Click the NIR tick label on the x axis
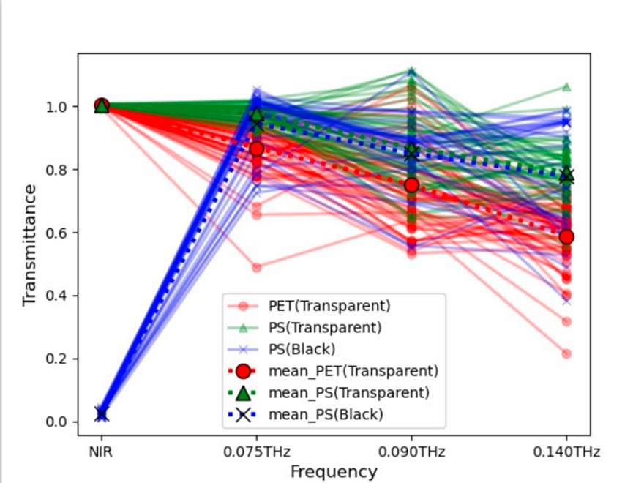[x=101, y=452]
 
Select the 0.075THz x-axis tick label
[x=257, y=452]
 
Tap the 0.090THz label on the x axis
[x=411, y=452]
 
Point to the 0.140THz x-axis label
[x=566, y=452]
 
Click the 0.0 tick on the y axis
[x=56, y=422]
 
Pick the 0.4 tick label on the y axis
[x=56, y=296]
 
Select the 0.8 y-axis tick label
[x=56, y=170]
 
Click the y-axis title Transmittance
[x=29, y=245]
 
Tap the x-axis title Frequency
[x=334, y=472]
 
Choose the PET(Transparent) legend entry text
[x=329, y=306]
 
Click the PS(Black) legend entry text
[x=302, y=349]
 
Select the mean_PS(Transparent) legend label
[x=349, y=393]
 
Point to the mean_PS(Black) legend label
[x=326, y=414]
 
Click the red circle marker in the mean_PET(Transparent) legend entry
[x=243, y=371]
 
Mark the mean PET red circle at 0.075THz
[x=257, y=149]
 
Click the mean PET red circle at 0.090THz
[x=411, y=185]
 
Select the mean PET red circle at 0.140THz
[x=566, y=237]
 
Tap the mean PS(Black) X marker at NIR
[x=102, y=414]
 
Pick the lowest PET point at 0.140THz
[x=566, y=353]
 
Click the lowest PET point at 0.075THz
[x=257, y=268]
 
